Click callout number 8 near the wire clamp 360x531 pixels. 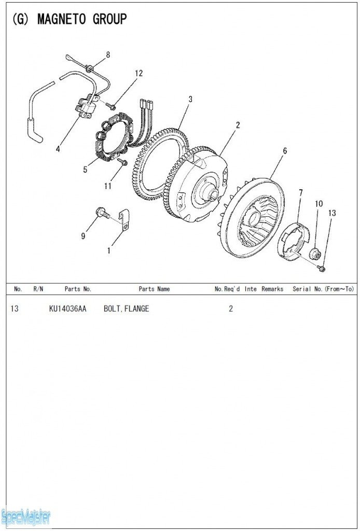(108, 54)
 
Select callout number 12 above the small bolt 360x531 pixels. (139, 73)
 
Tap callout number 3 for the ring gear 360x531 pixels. (190, 99)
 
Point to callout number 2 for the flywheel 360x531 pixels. (238, 125)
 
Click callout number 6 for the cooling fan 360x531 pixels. (285, 151)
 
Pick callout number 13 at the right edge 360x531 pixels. (332, 213)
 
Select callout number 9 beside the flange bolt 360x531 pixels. (83, 236)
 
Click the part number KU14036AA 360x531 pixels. (67, 309)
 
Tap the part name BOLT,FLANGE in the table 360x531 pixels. (126, 309)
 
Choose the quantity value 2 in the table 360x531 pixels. (231, 309)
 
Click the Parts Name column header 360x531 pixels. (154, 289)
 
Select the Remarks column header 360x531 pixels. (272, 289)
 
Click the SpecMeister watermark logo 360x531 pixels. (26, 516)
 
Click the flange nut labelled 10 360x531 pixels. (315, 254)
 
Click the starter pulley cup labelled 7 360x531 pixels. (294, 239)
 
